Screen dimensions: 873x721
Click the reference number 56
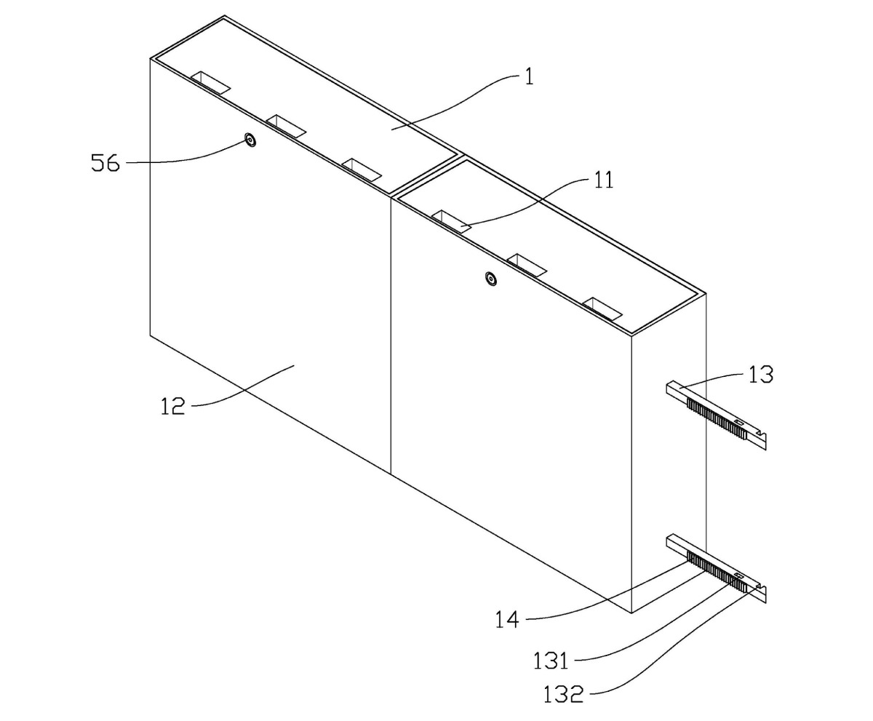coord(105,163)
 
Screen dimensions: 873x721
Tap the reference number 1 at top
coord(529,77)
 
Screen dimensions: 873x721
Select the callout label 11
coord(604,180)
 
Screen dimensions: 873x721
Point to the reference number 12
coord(173,406)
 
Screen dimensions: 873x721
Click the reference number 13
coord(761,374)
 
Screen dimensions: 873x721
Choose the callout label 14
coord(507,620)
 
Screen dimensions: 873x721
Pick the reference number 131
coord(551,661)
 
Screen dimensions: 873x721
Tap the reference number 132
coord(563,695)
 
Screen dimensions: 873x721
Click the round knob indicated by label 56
coord(250,140)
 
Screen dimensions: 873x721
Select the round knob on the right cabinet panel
coord(491,278)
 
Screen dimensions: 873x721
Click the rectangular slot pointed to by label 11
coord(451,221)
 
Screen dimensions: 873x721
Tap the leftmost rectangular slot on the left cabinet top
coord(210,82)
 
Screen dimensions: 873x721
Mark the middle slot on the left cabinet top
coord(286,126)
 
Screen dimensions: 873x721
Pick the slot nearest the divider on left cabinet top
coord(362,170)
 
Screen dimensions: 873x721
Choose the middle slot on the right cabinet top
coord(527,265)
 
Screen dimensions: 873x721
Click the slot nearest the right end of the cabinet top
coord(603,309)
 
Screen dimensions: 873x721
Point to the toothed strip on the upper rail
coord(717,418)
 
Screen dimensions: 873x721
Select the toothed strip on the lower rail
coord(717,571)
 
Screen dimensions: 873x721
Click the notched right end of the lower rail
coord(762,594)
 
